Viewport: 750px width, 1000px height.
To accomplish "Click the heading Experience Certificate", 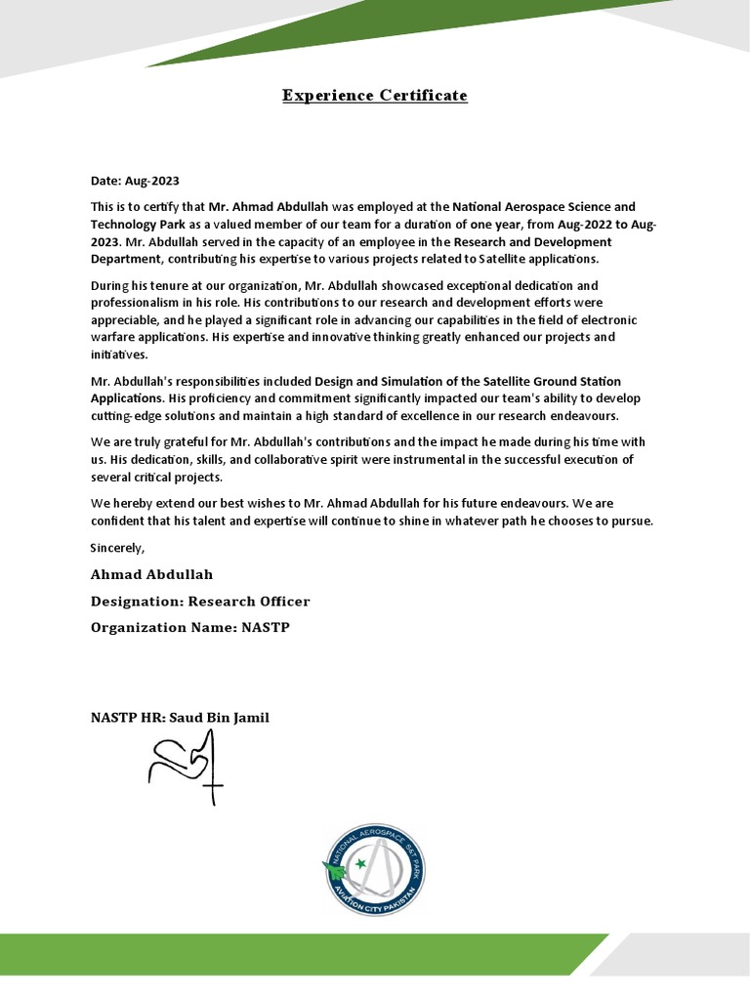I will point(375,96).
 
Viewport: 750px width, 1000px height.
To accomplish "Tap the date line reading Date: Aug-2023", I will point(135,181).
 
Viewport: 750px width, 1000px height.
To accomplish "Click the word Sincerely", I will point(117,547).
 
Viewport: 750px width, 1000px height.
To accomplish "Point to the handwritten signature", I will point(186,768).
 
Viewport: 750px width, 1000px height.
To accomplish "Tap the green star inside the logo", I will point(359,863).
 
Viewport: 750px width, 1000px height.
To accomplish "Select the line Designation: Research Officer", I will point(200,601).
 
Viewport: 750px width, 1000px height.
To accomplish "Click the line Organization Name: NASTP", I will point(190,627).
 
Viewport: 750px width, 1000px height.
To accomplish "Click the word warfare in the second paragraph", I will point(113,337).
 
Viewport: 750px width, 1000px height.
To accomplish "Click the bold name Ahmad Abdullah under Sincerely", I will point(151,574).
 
